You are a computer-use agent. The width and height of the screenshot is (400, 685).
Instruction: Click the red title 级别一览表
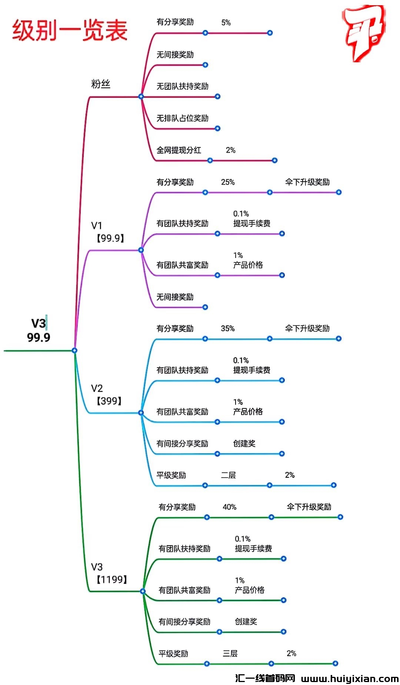click(x=70, y=30)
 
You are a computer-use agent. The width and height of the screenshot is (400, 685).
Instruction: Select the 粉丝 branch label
click(x=101, y=84)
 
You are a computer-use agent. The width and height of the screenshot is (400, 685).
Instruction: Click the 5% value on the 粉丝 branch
click(x=226, y=23)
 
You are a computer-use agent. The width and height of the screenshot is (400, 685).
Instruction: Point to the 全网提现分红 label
click(x=179, y=150)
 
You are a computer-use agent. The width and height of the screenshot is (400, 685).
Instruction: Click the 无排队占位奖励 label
click(x=182, y=118)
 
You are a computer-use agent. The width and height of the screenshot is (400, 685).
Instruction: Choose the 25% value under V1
click(x=228, y=182)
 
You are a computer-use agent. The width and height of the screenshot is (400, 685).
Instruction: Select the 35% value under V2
click(x=228, y=328)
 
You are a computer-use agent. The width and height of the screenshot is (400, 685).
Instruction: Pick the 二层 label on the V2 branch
click(x=229, y=475)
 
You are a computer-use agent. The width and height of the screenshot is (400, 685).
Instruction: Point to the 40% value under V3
click(x=230, y=507)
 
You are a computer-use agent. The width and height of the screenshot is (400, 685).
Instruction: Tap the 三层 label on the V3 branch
click(x=230, y=653)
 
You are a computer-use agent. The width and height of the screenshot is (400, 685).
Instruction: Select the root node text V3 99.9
click(x=39, y=330)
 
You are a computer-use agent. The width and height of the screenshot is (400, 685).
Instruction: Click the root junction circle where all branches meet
click(x=74, y=350)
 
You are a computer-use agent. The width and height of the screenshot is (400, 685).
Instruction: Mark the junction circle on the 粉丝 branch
click(x=141, y=96)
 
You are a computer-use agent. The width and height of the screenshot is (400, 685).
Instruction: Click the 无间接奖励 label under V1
click(x=175, y=297)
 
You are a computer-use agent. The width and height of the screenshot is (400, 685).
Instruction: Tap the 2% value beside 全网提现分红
click(x=230, y=150)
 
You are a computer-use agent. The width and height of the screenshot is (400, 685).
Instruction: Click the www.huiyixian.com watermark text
click(x=350, y=678)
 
